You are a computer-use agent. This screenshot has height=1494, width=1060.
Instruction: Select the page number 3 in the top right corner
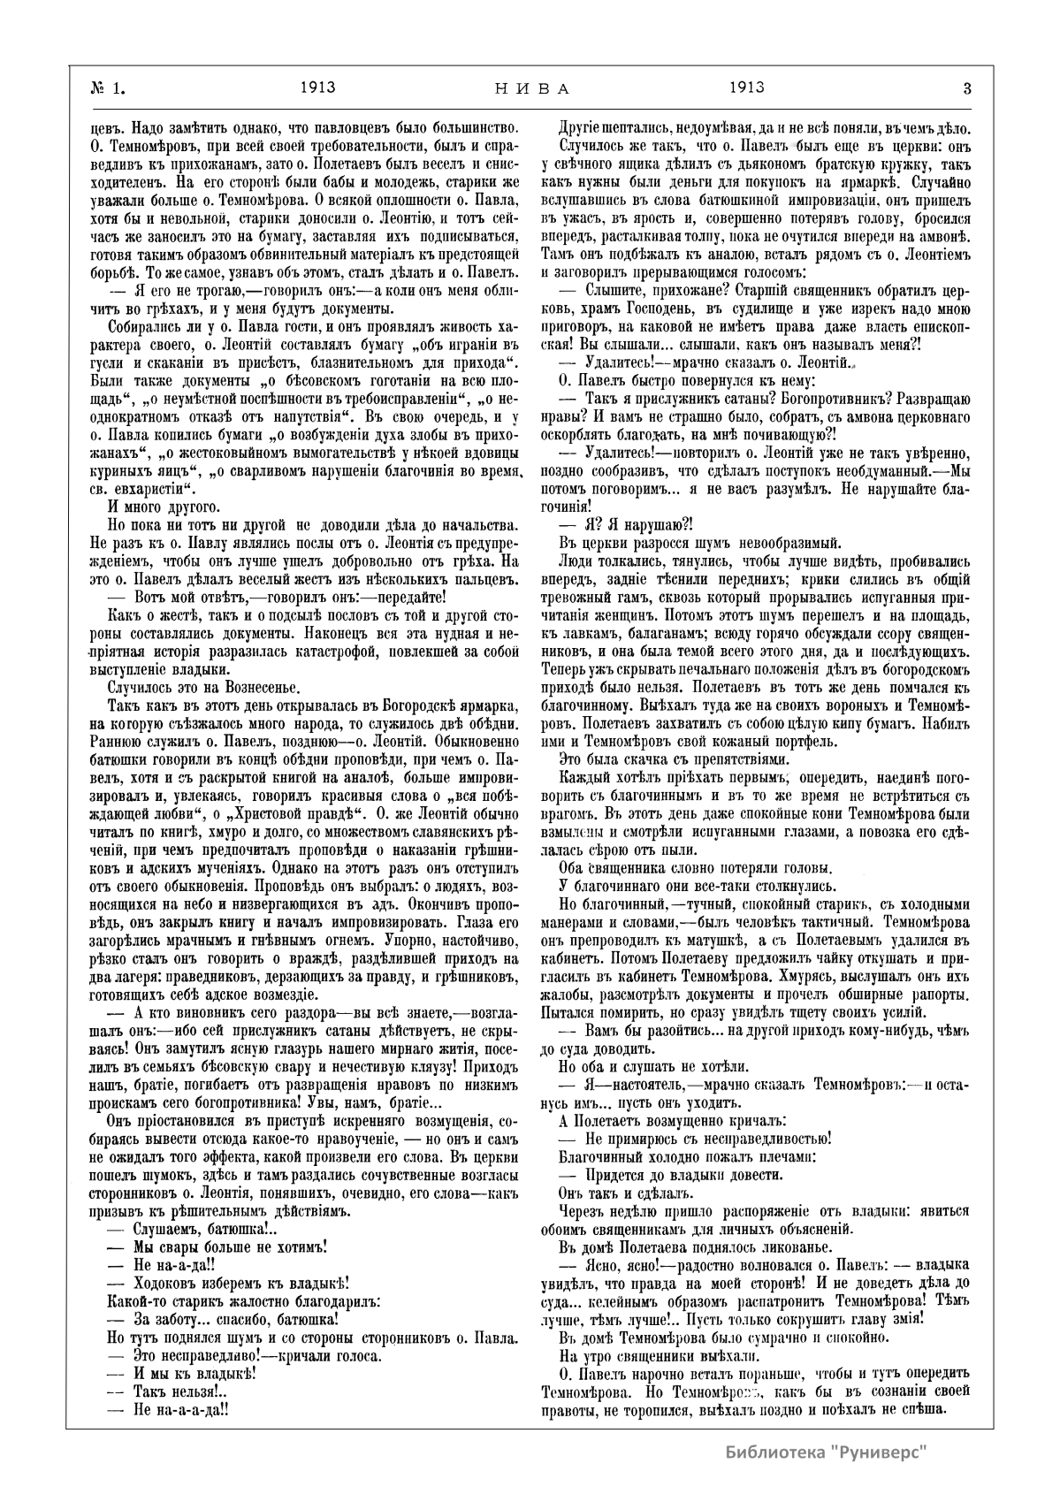coord(967,88)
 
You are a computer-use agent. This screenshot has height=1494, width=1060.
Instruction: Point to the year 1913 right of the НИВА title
coord(747,88)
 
